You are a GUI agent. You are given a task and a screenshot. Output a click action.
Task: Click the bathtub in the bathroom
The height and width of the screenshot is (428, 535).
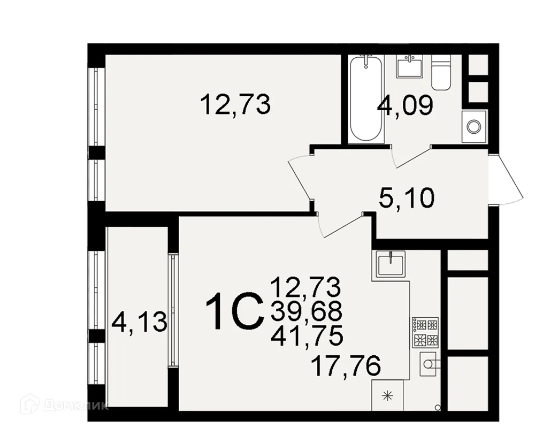point(366,99)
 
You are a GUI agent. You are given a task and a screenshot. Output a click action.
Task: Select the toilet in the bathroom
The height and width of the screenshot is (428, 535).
point(441,72)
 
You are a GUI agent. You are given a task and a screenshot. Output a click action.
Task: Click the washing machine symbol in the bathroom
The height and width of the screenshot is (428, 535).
point(473,126)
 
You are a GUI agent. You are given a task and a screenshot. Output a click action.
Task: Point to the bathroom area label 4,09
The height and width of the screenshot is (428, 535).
point(405,105)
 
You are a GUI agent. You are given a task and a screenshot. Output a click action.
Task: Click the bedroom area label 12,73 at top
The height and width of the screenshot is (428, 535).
point(235,104)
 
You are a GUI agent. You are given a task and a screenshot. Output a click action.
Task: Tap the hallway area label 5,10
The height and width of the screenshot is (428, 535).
point(407,198)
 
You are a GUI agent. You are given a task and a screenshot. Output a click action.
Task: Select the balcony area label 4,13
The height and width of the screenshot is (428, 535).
point(139,323)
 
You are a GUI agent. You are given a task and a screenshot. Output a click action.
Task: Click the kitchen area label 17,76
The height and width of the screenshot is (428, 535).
point(346,366)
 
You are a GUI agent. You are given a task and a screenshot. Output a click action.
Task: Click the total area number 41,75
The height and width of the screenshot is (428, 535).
point(307,336)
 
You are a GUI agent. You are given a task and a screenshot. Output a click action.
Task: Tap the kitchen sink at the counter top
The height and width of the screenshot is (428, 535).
point(391,264)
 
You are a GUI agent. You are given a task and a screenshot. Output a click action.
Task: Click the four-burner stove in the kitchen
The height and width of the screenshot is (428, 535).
point(425,333)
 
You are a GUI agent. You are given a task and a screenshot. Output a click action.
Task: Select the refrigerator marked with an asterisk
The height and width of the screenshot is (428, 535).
point(387,395)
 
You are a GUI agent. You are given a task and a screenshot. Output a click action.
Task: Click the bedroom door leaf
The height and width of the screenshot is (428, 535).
point(301,180)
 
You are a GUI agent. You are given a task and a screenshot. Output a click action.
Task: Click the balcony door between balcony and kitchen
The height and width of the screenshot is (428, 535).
point(173,310)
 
